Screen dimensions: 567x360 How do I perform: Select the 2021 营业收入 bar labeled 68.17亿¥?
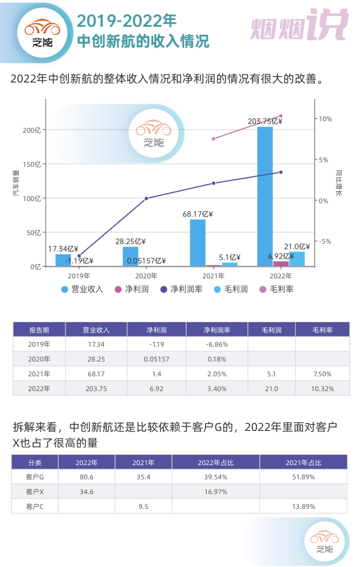tap(198, 243)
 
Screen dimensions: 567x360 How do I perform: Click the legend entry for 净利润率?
tap(182, 289)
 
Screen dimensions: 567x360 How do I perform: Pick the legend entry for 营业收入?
tap(83, 289)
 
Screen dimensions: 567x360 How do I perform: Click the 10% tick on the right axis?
tap(325, 119)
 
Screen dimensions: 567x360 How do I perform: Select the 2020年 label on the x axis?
tap(146, 276)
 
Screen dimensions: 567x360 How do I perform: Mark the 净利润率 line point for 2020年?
tap(146, 198)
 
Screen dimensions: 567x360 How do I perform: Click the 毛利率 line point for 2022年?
tap(280, 116)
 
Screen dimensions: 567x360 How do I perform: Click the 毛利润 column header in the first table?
tap(271, 330)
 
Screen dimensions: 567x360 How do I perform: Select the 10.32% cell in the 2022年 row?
tap(322, 389)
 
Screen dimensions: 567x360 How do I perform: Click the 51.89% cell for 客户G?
tap(303, 476)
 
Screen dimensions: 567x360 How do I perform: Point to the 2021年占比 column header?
tap(303, 462)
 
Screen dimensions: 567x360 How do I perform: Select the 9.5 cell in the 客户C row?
tap(143, 506)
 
